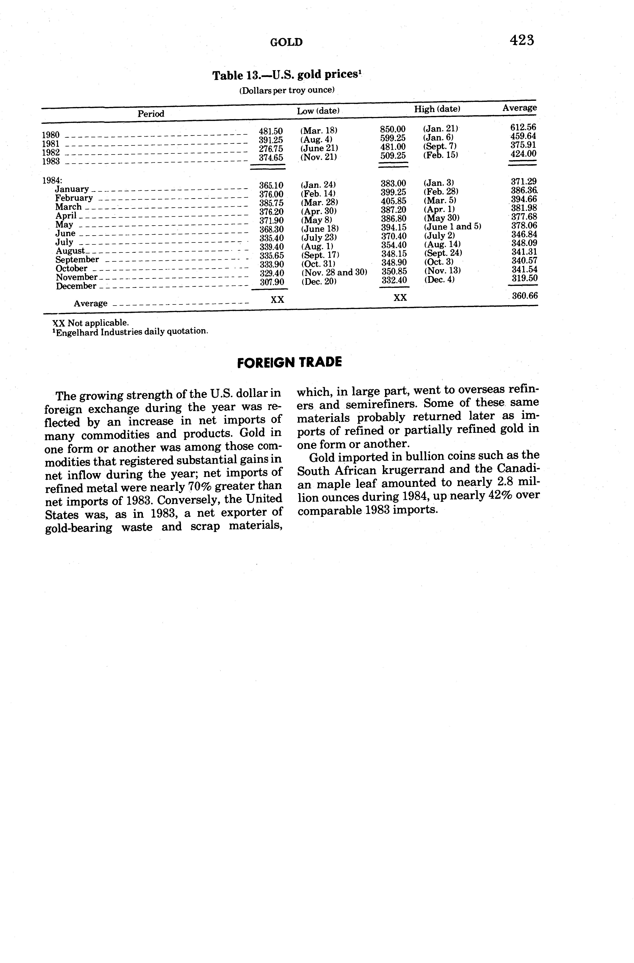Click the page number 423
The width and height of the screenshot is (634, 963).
(522, 40)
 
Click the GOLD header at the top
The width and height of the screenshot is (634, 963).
(286, 42)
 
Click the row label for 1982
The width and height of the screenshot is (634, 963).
(51, 152)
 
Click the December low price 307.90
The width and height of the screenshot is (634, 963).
(272, 282)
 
